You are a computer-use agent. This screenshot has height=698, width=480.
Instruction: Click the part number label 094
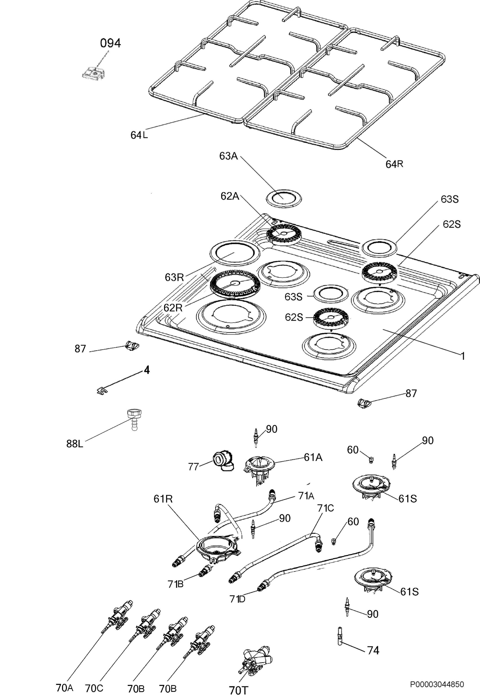click(x=110, y=43)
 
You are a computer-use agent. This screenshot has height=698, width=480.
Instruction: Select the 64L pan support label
click(x=139, y=135)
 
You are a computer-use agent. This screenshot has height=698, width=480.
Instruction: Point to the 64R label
click(x=394, y=164)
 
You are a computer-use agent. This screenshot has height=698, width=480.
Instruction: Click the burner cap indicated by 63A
click(x=284, y=198)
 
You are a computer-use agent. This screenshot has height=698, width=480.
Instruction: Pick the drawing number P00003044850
click(x=438, y=683)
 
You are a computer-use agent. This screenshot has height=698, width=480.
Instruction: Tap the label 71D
click(x=238, y=599)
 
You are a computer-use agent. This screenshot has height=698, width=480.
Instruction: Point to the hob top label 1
click(x=463, y=356)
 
